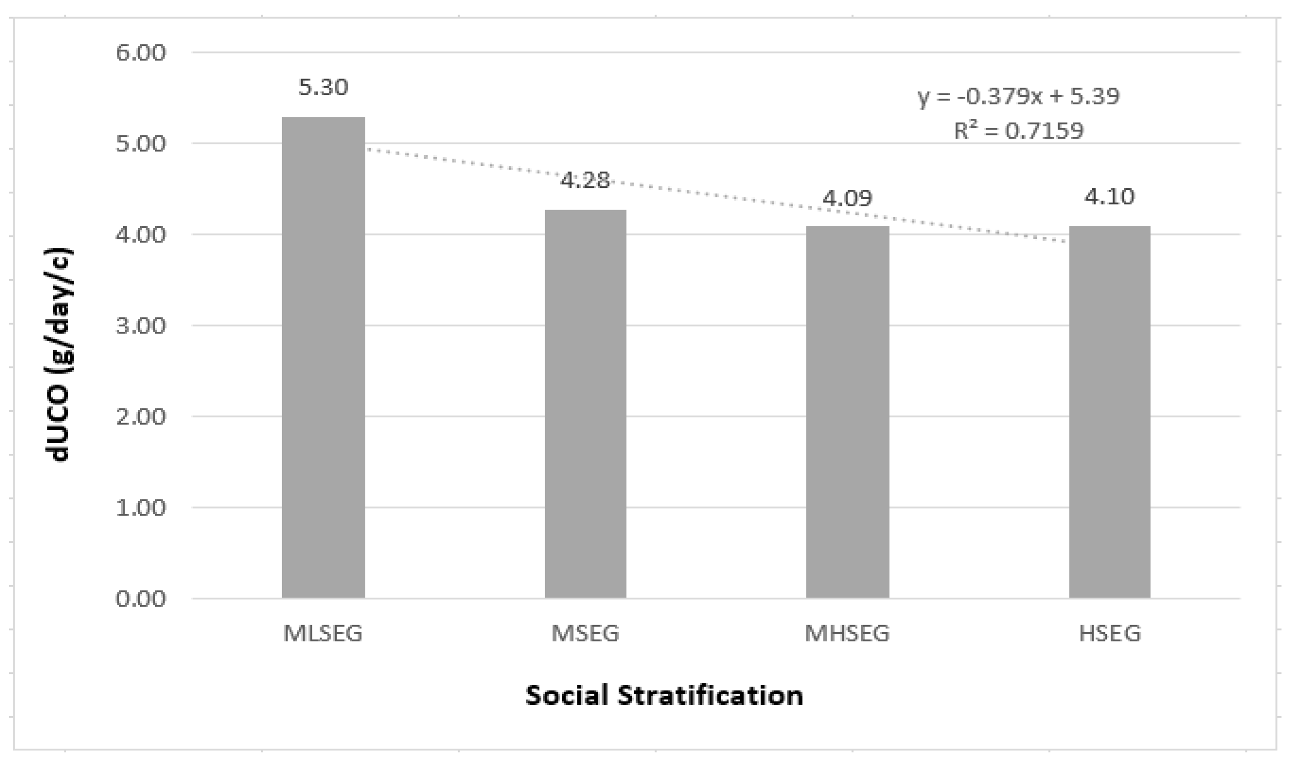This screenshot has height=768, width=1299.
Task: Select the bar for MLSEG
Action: pyautogui.click(x=324, y=357)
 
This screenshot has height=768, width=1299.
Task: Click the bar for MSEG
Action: pyautogui.click(x=585, y=404)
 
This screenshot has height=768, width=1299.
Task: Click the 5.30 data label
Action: pyautogui.click(x=324, y=88)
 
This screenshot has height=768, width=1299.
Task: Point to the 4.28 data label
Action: pyautogui.click(x=585, y=181)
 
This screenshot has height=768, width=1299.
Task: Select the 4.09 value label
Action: pyautogui.click(x=847, y=198)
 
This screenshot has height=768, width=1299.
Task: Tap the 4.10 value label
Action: pyautogui.click(x=1110, y=197)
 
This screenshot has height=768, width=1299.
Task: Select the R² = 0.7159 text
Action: pyautogui.click(x=1018, y=131)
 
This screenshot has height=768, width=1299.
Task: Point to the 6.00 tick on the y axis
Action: pyautogui.click(x=141, y=53)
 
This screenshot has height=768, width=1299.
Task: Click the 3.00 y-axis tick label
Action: pyautogui.click(x=141, y=326)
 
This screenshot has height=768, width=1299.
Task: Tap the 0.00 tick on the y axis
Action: pyautogui.click(x=141, y=599)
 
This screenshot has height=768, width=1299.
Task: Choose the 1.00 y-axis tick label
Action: pyautogui.click(x=141, y=508)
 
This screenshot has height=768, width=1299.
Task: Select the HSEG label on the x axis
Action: pyautogui.click(x=1110, y=634)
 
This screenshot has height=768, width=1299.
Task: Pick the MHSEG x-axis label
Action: pyautogui.click(x=847, y=634)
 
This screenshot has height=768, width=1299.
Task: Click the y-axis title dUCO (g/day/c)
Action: pyautogui.click(x=61, y=355)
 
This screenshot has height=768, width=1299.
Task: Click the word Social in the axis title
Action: pyautogui.click(x=567, y=696)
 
